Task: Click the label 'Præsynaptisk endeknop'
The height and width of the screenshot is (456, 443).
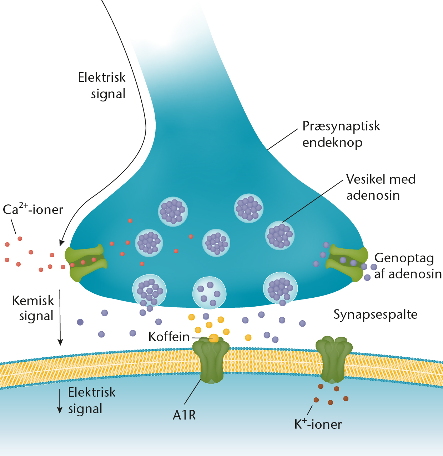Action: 341,134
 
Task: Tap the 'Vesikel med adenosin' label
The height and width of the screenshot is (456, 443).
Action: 381,187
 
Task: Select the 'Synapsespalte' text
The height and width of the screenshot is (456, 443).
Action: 376,314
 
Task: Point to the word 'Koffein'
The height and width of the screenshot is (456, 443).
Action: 169,337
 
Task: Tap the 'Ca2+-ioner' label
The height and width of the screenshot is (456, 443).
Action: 33,209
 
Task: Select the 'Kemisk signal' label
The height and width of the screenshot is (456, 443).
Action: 33,308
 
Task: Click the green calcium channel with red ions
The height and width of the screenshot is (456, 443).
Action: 86,263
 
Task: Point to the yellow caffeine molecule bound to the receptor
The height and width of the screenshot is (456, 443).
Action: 214,338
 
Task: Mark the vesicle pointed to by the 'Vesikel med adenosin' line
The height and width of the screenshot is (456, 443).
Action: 280,235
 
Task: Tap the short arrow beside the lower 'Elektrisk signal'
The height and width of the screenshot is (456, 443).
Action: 60,401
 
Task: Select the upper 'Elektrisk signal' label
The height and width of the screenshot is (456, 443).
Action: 102,85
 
